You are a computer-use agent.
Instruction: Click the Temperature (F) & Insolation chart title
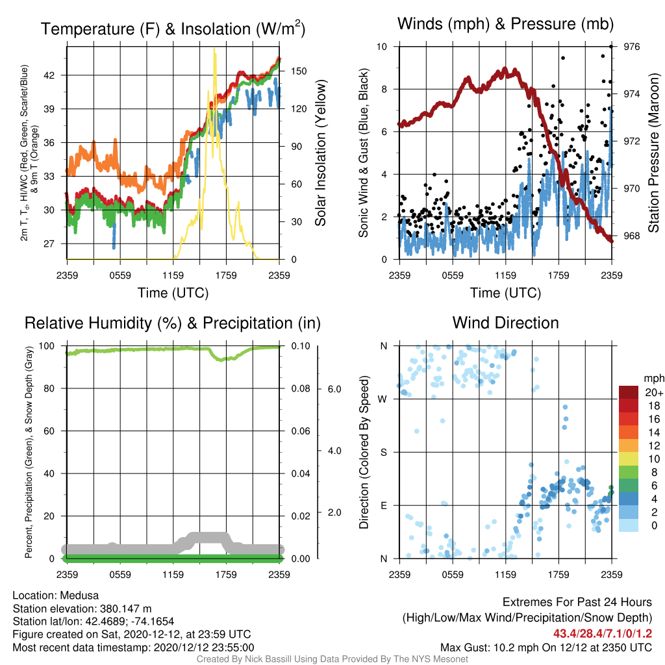(x=173, y=29)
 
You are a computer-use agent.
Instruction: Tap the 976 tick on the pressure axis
(x=631, y=47)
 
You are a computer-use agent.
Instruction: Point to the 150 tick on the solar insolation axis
(x=299, y=71)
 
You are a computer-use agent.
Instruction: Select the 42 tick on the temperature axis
(x=49, y=75)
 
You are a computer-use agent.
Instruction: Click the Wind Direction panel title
(x=505, y=323)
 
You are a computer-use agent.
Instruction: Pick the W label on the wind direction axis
(x=383, y=399)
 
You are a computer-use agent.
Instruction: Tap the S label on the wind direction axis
(x=383, y=452)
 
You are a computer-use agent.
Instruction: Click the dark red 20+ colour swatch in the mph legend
(x=629, y=392)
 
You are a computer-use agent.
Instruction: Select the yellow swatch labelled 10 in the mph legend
(x=629, y=458)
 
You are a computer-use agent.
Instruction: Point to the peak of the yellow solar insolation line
(x=214, y=49)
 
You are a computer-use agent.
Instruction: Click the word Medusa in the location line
(x=79, y=596)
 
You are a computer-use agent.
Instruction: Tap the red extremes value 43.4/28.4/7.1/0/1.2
(x=602, y=634)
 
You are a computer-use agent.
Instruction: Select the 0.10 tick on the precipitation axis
(x=301, y=346)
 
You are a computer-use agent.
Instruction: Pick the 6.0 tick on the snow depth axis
(x=334, y=389)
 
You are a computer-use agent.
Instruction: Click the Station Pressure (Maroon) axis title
(x=653, y=153)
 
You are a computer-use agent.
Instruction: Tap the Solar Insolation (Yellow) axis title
(x=321, y=153)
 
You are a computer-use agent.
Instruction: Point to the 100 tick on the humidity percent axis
(x=47, y=346)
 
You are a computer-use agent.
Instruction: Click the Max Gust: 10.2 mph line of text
(x=546, y=647)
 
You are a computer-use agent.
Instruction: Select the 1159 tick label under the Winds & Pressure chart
(x=505, y=275)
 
